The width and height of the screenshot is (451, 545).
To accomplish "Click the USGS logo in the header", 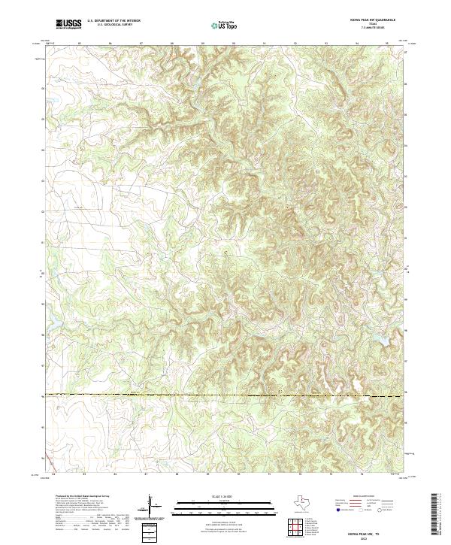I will [68, 24].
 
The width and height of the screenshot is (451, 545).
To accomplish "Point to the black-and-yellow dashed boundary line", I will [225, 395].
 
